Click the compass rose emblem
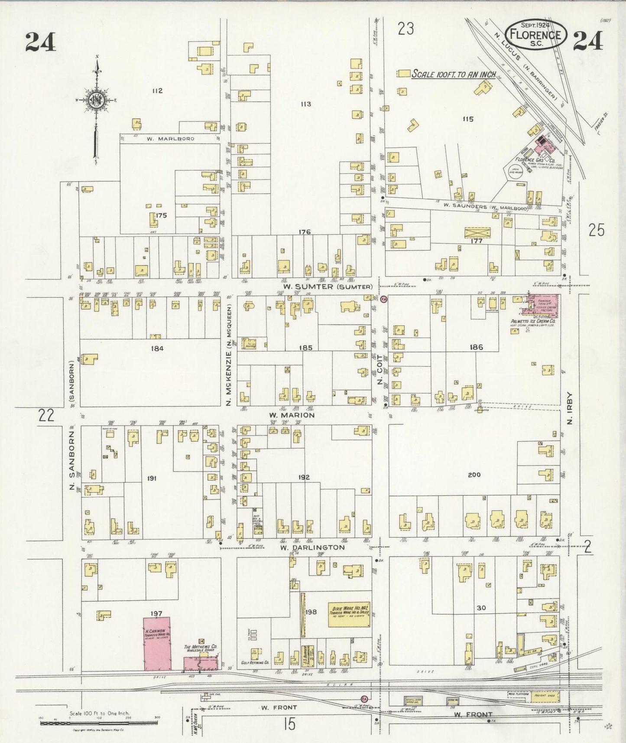click(x=96, y=100)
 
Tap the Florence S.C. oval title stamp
click(x=536, y=34)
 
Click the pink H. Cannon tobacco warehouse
click(x=157, y=643)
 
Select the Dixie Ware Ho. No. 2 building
click(x=348, y=614)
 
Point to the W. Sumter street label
click(x=328, y=287)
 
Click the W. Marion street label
click(x=292, y=415)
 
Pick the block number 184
click(x=157, y=348)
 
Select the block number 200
click(x=474, y=475)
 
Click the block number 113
click(x=306, y=104)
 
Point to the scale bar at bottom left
click(x=99, y=723)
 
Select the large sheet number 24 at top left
click(x=40, y=42)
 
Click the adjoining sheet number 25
click(x=596, y=231)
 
